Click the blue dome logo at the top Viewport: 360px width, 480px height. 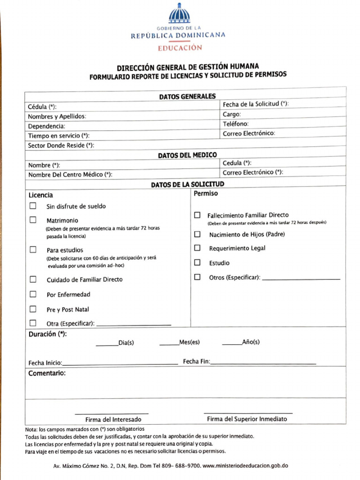point(180,14)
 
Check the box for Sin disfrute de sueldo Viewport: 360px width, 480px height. point(33,206)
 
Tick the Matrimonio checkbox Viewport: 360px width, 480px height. point(33,220)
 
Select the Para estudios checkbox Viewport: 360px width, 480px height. point(33,250)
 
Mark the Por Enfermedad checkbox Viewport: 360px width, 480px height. point(33,294)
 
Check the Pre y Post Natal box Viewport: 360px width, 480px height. point(33,309)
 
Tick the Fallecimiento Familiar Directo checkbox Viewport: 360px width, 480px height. point(197,215)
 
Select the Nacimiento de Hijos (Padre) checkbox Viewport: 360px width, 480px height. point(197,234)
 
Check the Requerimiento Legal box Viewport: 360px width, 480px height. point(197,248)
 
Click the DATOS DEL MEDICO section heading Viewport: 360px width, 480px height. point(187,155)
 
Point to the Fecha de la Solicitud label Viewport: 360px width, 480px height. point(255,104)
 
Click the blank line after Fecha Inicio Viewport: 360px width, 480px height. point(120,364)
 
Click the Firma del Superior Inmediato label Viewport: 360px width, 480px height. point(247,419)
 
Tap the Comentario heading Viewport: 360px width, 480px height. point(47,374)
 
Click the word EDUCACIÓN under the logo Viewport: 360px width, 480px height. point(180,47)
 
